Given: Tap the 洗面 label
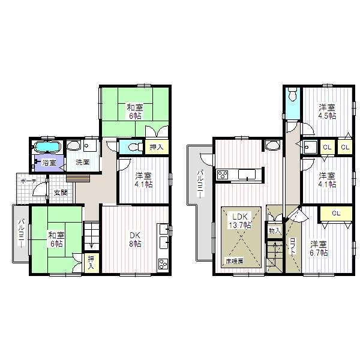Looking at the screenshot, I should (x=82, y=161).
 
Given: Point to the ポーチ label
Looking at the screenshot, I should (x=26, y=181).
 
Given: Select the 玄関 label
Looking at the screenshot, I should (x=61, y=193).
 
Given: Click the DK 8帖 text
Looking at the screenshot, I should (x=134, y=239).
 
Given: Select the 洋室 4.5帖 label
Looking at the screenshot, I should (x=326, y=111).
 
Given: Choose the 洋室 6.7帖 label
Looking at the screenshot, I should (x=318, y=248).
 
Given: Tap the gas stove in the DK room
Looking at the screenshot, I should (x=163, y=263).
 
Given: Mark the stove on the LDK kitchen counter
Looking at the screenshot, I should (x=222, y=175).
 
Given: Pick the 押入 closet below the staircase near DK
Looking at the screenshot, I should (x=91, y=262).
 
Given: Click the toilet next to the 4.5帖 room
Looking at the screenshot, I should (x=292, y=95).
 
